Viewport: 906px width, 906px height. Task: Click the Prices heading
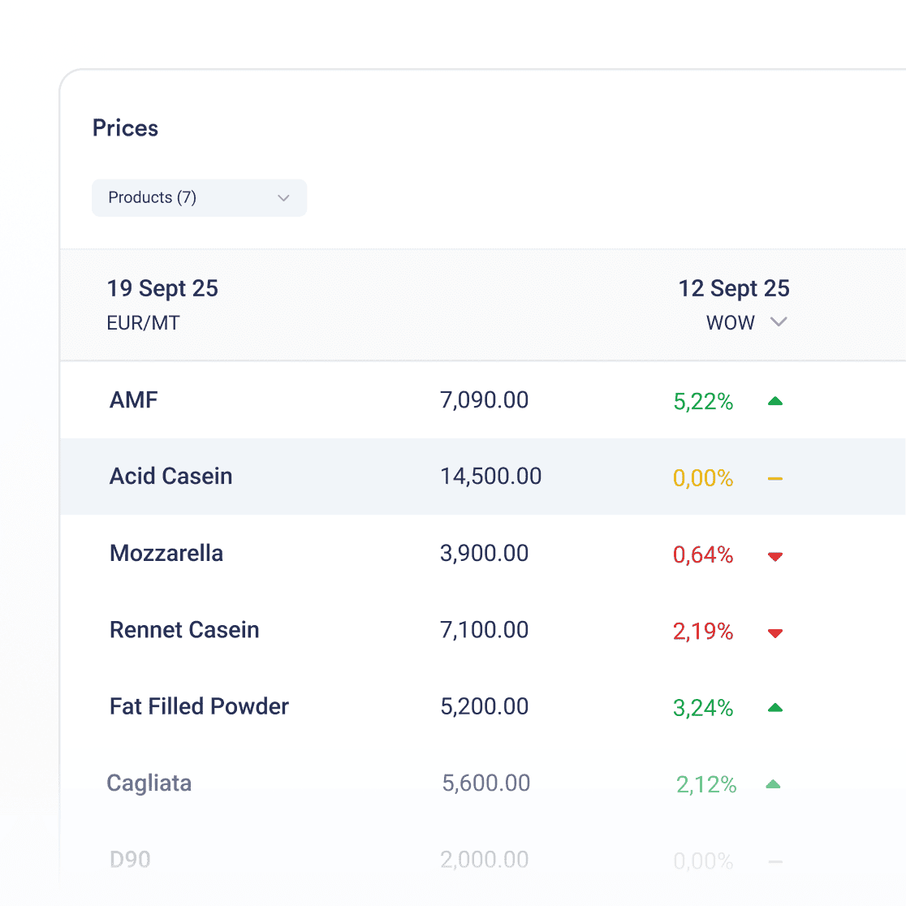click(x=125, y=128)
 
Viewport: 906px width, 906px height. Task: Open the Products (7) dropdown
click(x=199, y=198)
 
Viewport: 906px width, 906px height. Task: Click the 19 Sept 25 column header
click(x=162, y=289)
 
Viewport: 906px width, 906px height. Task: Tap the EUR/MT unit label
click(x=143, y=323)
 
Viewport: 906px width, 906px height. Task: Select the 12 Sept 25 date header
click(x=734, y=289)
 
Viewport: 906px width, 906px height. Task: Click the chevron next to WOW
click(x=779, y=322)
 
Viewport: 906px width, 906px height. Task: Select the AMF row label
click(x=134, y=400)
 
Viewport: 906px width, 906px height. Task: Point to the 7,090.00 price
click(x=484, y=400)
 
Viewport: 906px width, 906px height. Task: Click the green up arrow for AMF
click(x=775, y=401)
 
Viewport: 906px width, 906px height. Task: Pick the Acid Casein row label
click(x=170, y=477)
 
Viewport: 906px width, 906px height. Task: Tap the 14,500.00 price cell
click(x=490, y=477)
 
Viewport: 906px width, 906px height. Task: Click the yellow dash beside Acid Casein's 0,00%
click(x=775, y=479)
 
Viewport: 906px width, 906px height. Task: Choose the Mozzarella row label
click(x=166, y=554)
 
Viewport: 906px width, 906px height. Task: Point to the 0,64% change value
click(x=703, y=555)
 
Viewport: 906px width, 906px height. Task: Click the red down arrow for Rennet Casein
click(x=775, y=633)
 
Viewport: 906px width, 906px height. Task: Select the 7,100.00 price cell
click(x=484, y=630)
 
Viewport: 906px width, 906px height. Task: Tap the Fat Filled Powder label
click(x=199, y=707)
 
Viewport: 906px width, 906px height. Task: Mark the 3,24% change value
click(x=703, y=709)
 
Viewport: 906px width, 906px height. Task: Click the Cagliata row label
click(x=149, y=783)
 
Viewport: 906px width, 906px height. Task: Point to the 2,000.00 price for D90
click(x=484, y=860)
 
